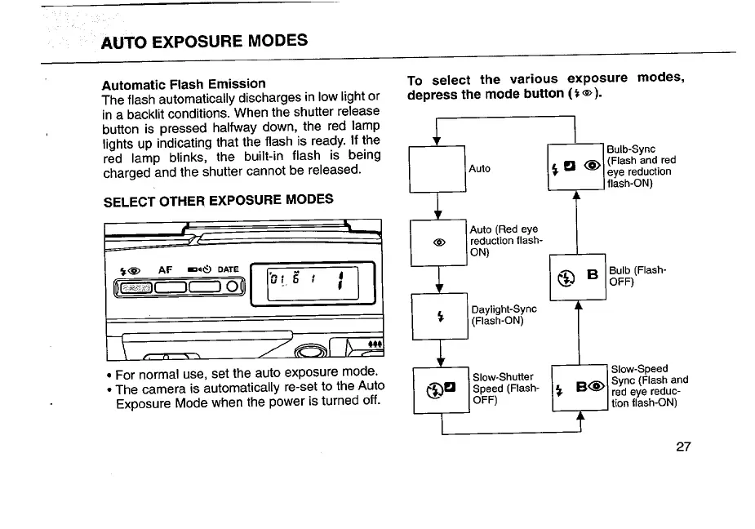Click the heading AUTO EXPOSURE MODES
204,41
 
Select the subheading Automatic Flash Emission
184,83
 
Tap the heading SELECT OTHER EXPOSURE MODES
218,200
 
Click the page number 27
683,447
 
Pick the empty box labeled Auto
437,168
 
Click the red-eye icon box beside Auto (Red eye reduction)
439,242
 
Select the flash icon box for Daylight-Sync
439,315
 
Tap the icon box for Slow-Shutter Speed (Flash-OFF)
442,389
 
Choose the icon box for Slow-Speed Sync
579,389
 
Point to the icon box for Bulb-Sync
576,168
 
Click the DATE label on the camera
228,269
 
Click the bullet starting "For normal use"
109,376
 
